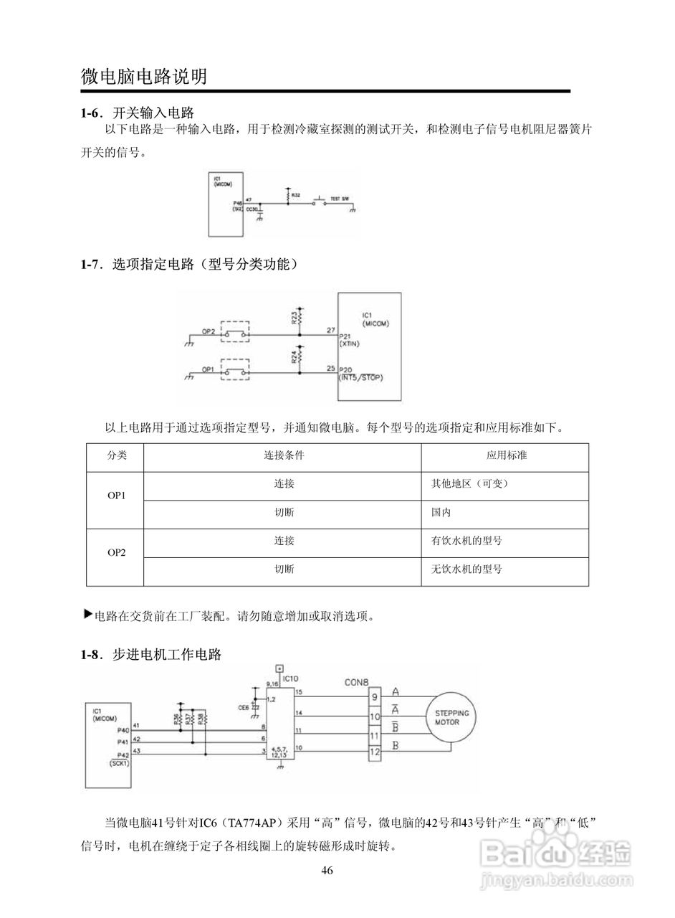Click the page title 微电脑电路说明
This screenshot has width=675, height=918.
tap(144, 76)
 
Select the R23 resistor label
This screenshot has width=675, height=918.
tap(295, 318)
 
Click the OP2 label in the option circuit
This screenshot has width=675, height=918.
tap(208, 331)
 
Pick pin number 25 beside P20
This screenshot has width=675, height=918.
tap(330, 368)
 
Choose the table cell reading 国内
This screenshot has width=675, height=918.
tap(441, 513)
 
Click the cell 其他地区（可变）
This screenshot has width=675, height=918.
tap(469, 483)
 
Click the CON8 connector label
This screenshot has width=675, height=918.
tap(358, 683)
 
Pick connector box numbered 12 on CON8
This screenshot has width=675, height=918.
tap(374, 752)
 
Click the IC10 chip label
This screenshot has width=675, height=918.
tap(290, 678)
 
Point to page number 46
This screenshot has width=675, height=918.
tap(327, 871)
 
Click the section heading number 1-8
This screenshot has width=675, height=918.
tap(93, 654)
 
